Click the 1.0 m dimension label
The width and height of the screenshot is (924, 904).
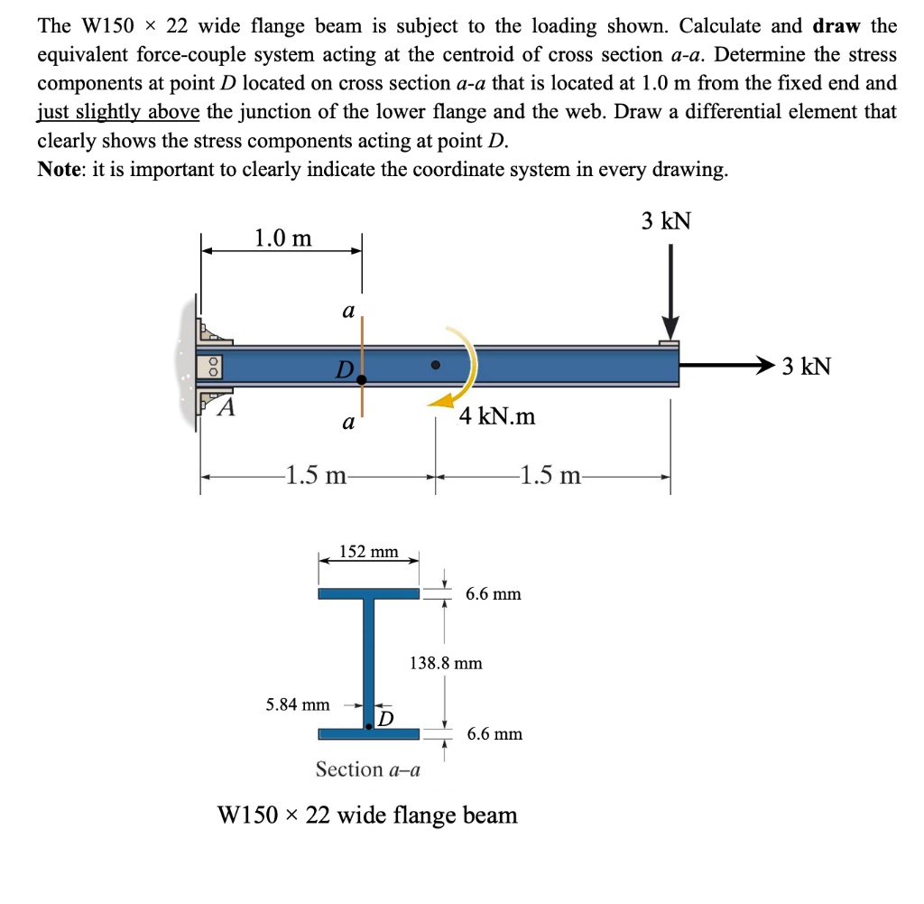click(282, 238)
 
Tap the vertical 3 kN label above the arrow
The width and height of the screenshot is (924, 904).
click(666, 220)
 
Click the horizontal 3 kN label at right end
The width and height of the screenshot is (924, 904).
click(806, 367)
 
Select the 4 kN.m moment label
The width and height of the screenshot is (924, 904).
click(496, 416)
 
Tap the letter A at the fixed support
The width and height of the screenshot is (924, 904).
click(228, 407)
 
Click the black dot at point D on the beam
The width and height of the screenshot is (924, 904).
click(361, 380)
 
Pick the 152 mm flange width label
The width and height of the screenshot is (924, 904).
click(368, 551)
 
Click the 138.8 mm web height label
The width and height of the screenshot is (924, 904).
click(446, 663)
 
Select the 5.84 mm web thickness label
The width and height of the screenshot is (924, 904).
click(298, 704)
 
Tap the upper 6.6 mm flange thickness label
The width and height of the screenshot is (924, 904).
click(494, 594)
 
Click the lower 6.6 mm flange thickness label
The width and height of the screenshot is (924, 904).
click(494, 733)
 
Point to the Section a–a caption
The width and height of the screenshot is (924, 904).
click(368, 769)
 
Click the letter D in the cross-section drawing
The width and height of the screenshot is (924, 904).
click(386, 718)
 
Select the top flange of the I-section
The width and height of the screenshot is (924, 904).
click(368, 593)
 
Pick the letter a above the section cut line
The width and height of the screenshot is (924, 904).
click(347, 311)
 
